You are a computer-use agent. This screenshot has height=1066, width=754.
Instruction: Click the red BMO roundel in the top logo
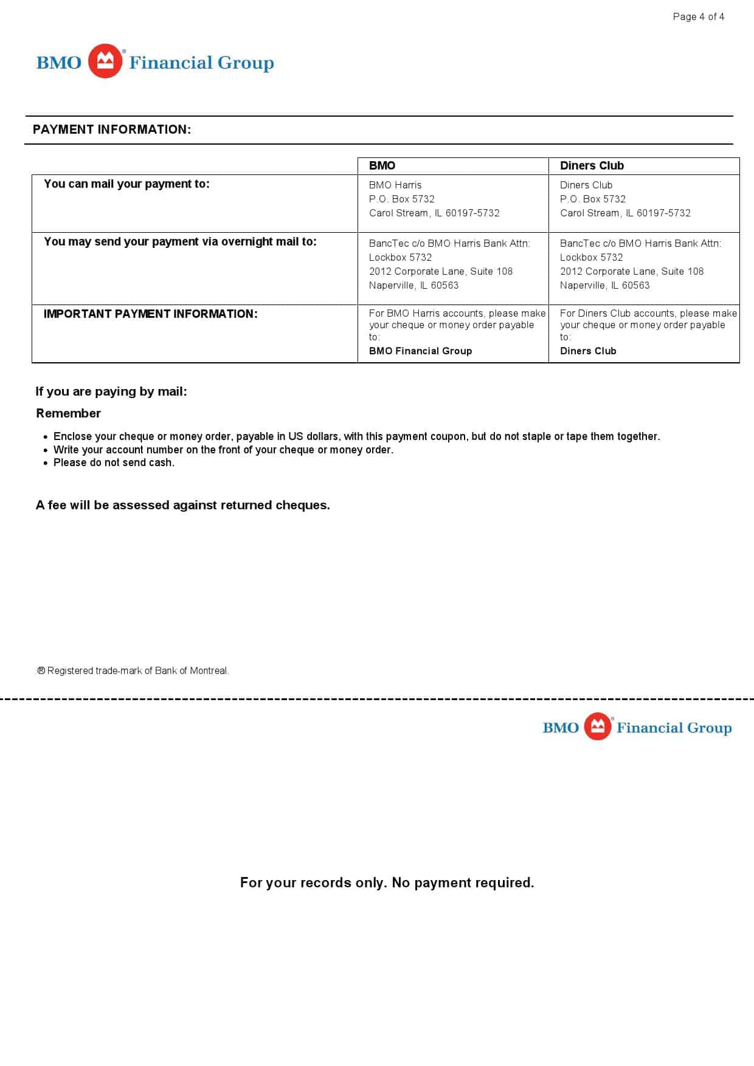[x=105, y=61]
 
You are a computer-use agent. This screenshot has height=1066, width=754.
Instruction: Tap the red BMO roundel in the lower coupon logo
[x=598, y=726]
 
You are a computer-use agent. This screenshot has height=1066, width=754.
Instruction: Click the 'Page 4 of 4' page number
[x=698, y=17]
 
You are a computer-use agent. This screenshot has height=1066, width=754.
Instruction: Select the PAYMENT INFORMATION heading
[x=112, y=129]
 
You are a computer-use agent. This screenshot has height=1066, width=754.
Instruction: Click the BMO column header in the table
[x=382, y=166]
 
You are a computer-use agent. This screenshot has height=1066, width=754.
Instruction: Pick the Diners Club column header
[x=592, y=166]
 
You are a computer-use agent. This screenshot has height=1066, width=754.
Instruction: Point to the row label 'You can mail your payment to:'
[x=126, y=184]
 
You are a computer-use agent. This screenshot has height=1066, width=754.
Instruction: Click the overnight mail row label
[x=180, y=242]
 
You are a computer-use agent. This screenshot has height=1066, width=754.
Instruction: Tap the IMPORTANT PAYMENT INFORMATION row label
[x=150, y=314]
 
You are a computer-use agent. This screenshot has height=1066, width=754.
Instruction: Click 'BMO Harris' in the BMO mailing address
[x=395, y=185]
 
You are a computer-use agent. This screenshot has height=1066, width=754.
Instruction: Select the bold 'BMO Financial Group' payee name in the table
[x=420, y=351]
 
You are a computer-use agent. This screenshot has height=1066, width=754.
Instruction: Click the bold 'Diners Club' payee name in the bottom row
[x=588, y=351]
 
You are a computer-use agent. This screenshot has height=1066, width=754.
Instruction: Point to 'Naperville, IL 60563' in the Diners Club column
[x=604, y=286]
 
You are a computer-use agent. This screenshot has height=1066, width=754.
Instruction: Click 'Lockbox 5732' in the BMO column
[x=400, y=258]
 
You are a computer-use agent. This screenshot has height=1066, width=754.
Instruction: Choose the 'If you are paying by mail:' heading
[x=111, y=392]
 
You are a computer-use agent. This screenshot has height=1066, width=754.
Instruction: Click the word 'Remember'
[x=68, y=413]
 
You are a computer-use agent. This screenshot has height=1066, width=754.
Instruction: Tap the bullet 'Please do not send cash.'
[x=114, y=463]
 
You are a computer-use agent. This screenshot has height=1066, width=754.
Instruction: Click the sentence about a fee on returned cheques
[x=182, y=505]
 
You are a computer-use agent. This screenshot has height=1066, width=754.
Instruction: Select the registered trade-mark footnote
[x=133, y=671]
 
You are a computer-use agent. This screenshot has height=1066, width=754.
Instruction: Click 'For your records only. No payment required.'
[x=387, y=882]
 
